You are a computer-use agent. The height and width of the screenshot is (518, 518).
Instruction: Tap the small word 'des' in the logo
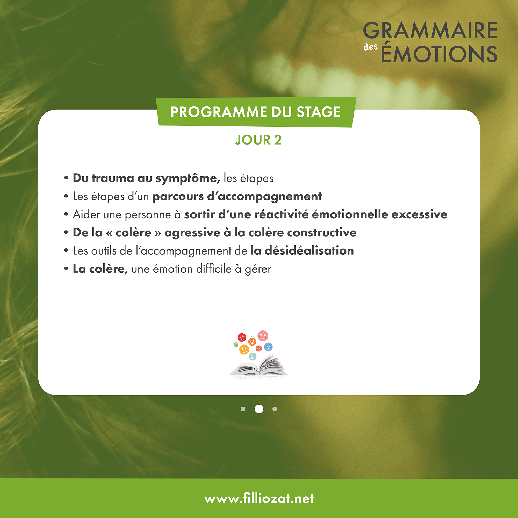(x=371, y=47)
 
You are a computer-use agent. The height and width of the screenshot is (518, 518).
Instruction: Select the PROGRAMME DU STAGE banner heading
(x=256, y=112)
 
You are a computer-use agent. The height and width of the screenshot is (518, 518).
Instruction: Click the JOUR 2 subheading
(x=259, y=140)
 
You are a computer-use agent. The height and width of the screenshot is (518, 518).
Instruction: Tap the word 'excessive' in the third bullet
(x=419, y=214)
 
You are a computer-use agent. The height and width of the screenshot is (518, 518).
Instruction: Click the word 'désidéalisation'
(x=309, y=250)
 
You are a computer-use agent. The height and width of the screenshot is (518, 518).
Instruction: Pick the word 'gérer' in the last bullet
(x=258, y=269)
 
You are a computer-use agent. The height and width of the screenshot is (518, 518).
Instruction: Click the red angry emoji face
(x=242, y=337)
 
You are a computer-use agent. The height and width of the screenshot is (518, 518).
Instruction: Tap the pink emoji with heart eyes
(x=263, y=336)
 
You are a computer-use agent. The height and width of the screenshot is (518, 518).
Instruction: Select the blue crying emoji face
(x=268, y=347)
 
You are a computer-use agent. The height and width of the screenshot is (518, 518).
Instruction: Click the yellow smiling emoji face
(x=244, y=350)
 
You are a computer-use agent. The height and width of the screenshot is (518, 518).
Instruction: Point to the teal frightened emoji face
(x=253, y=357)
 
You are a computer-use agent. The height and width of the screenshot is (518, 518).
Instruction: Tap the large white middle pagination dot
(x=259, y=409)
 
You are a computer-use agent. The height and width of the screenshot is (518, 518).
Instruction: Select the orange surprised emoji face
(x=252, y=342)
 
